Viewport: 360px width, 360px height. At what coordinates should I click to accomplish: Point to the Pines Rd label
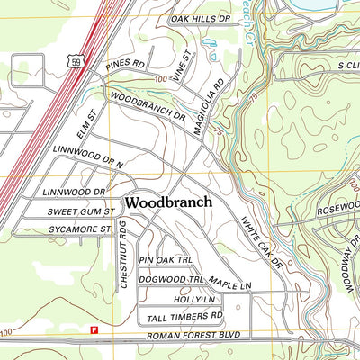[125, 65]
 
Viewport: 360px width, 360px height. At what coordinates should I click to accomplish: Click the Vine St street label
[183, 67]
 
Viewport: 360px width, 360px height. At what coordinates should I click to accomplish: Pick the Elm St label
[85, 121]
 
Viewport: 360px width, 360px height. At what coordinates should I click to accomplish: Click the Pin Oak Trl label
[166, 259]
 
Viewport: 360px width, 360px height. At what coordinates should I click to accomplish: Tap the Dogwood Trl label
[172, 280]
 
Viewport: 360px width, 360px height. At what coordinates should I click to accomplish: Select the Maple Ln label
[230, 285]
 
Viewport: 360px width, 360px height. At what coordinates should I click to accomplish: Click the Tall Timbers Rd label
[181, 316]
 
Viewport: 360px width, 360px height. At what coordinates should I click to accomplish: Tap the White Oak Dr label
[262, 243]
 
